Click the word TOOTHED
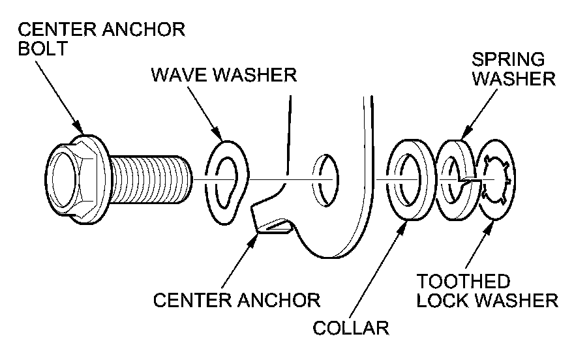463,283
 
